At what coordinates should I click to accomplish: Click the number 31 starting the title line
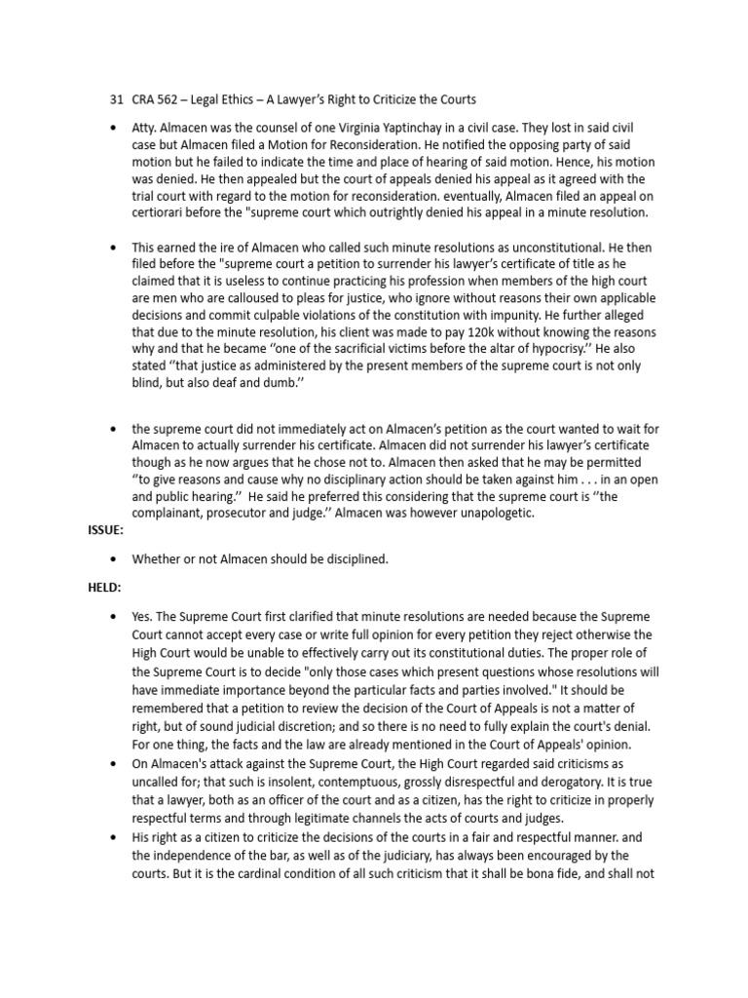[x=117, y=100]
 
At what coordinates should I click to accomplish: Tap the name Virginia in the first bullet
[x=422, y=129]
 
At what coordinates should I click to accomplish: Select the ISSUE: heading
[x=97, y=530]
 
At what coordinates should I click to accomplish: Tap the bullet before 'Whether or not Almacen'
[x=116, y=558]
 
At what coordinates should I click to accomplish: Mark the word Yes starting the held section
[x=141, y=619]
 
